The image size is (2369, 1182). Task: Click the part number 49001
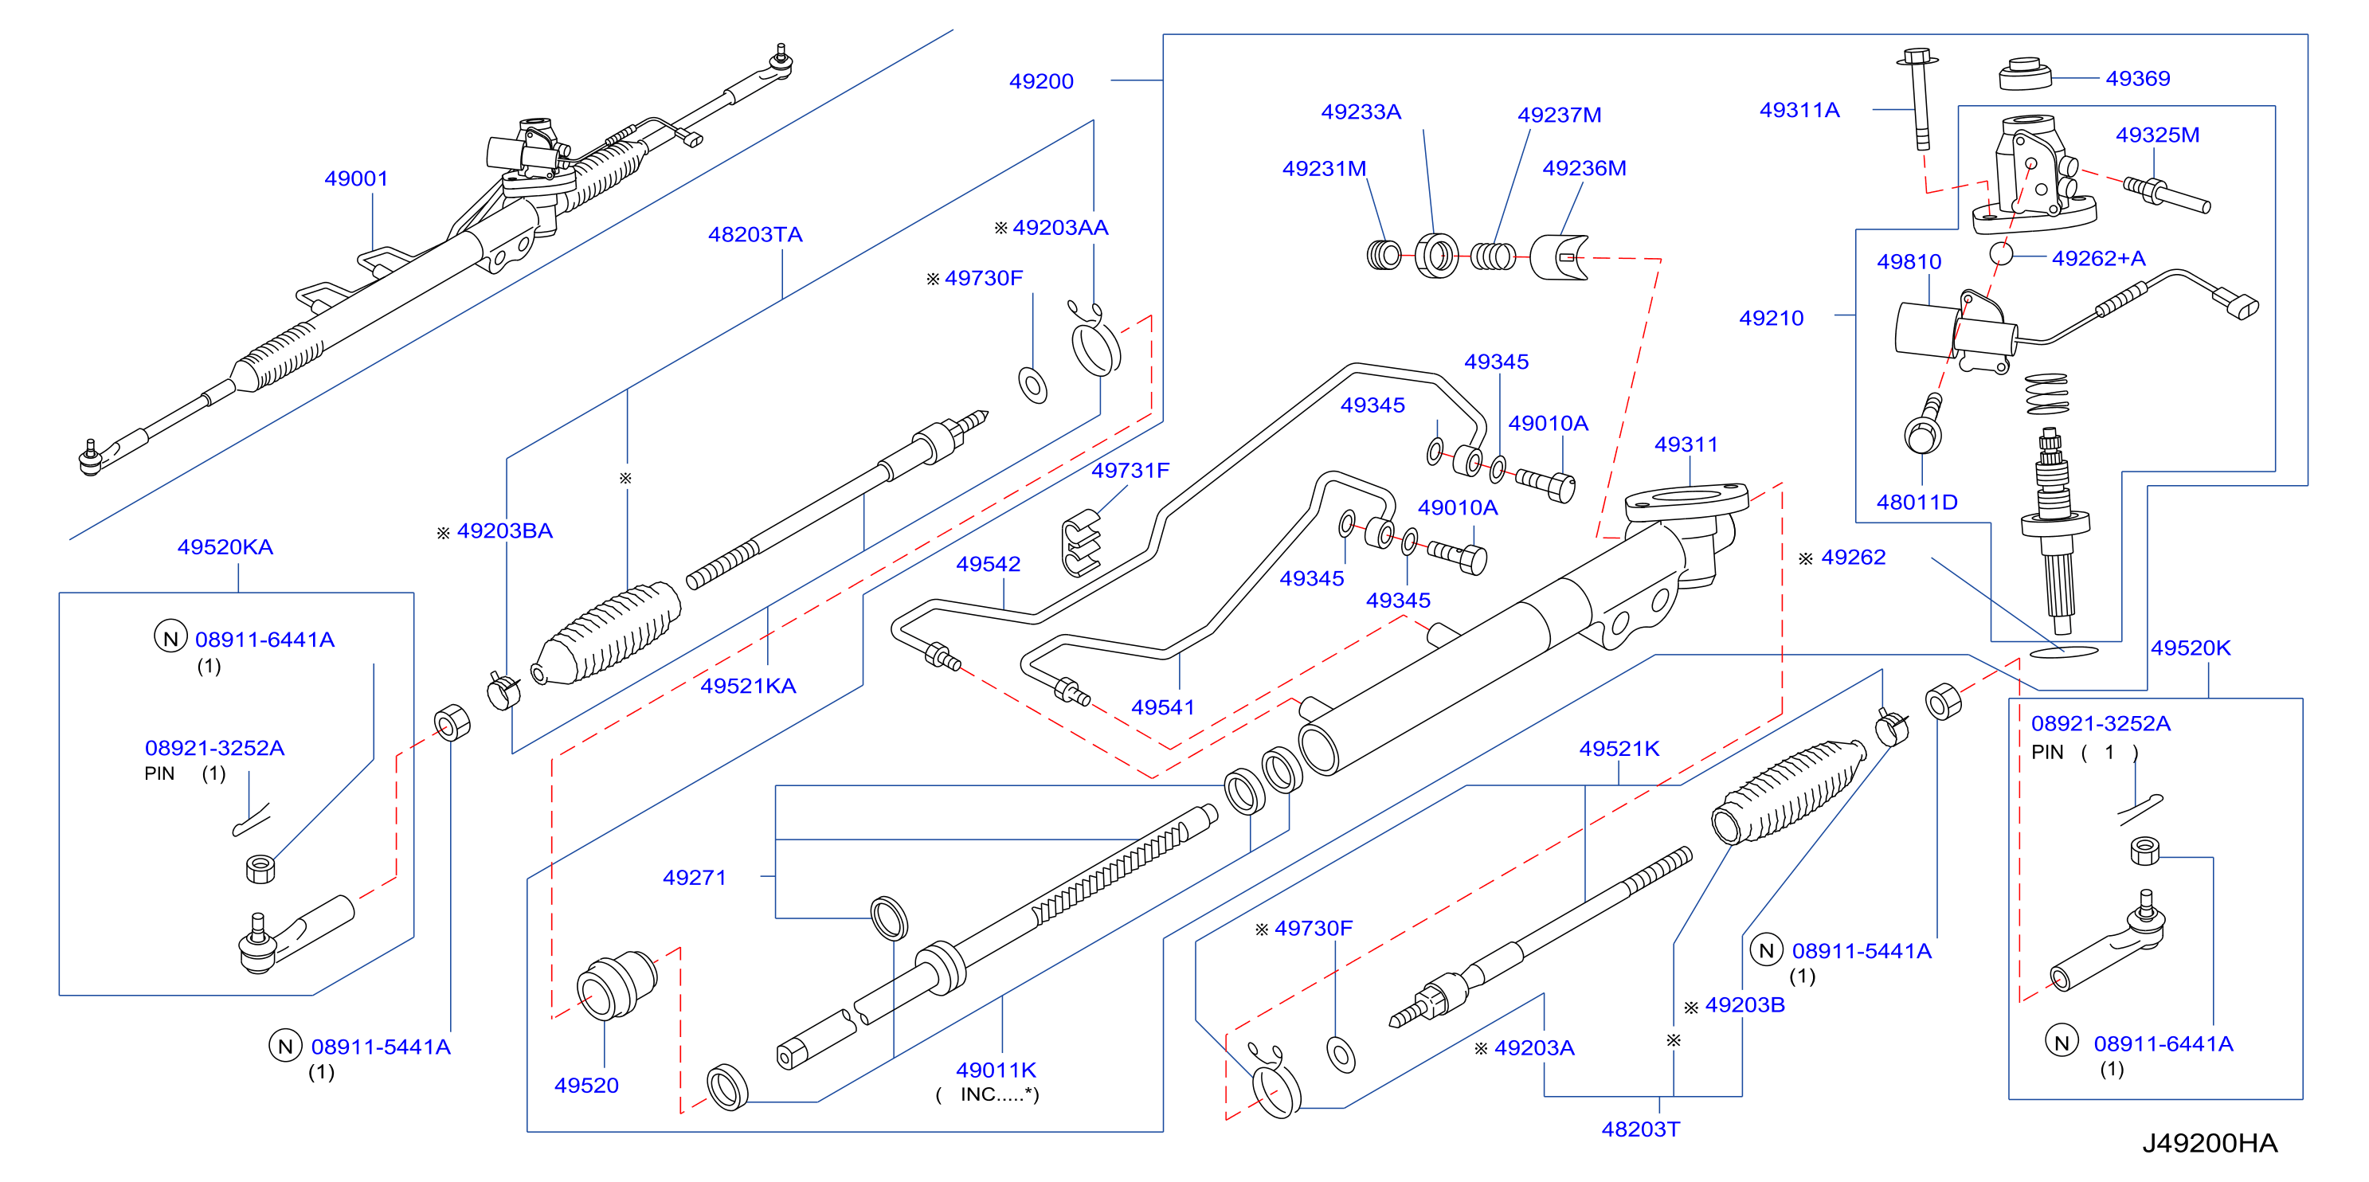pos(356,178)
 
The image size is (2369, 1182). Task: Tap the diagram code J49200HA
pos(2209,1143)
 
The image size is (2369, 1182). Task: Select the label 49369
pos(2137,79)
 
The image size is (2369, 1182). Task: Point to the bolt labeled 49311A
pos(1918,99)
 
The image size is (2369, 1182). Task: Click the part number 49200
pos(1041,81)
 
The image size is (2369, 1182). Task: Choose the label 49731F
pos(1130,471)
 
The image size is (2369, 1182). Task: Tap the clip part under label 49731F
pos(1082,542)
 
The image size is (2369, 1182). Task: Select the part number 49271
pos(695,878)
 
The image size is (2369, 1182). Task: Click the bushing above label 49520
pos(617,985)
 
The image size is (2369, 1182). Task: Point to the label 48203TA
pos(755,234)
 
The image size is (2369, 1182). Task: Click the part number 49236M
pos(1584,168)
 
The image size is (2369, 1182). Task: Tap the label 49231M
pos(1323,168)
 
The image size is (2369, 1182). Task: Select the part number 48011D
pos(1917,503)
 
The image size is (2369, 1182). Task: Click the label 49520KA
pos(225,547)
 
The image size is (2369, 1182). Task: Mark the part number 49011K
pos(996,1070)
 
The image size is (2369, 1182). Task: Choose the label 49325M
pos(2157,135)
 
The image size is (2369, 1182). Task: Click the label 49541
pos(1162,707)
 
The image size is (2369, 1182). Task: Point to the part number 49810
pos(1909,262)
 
